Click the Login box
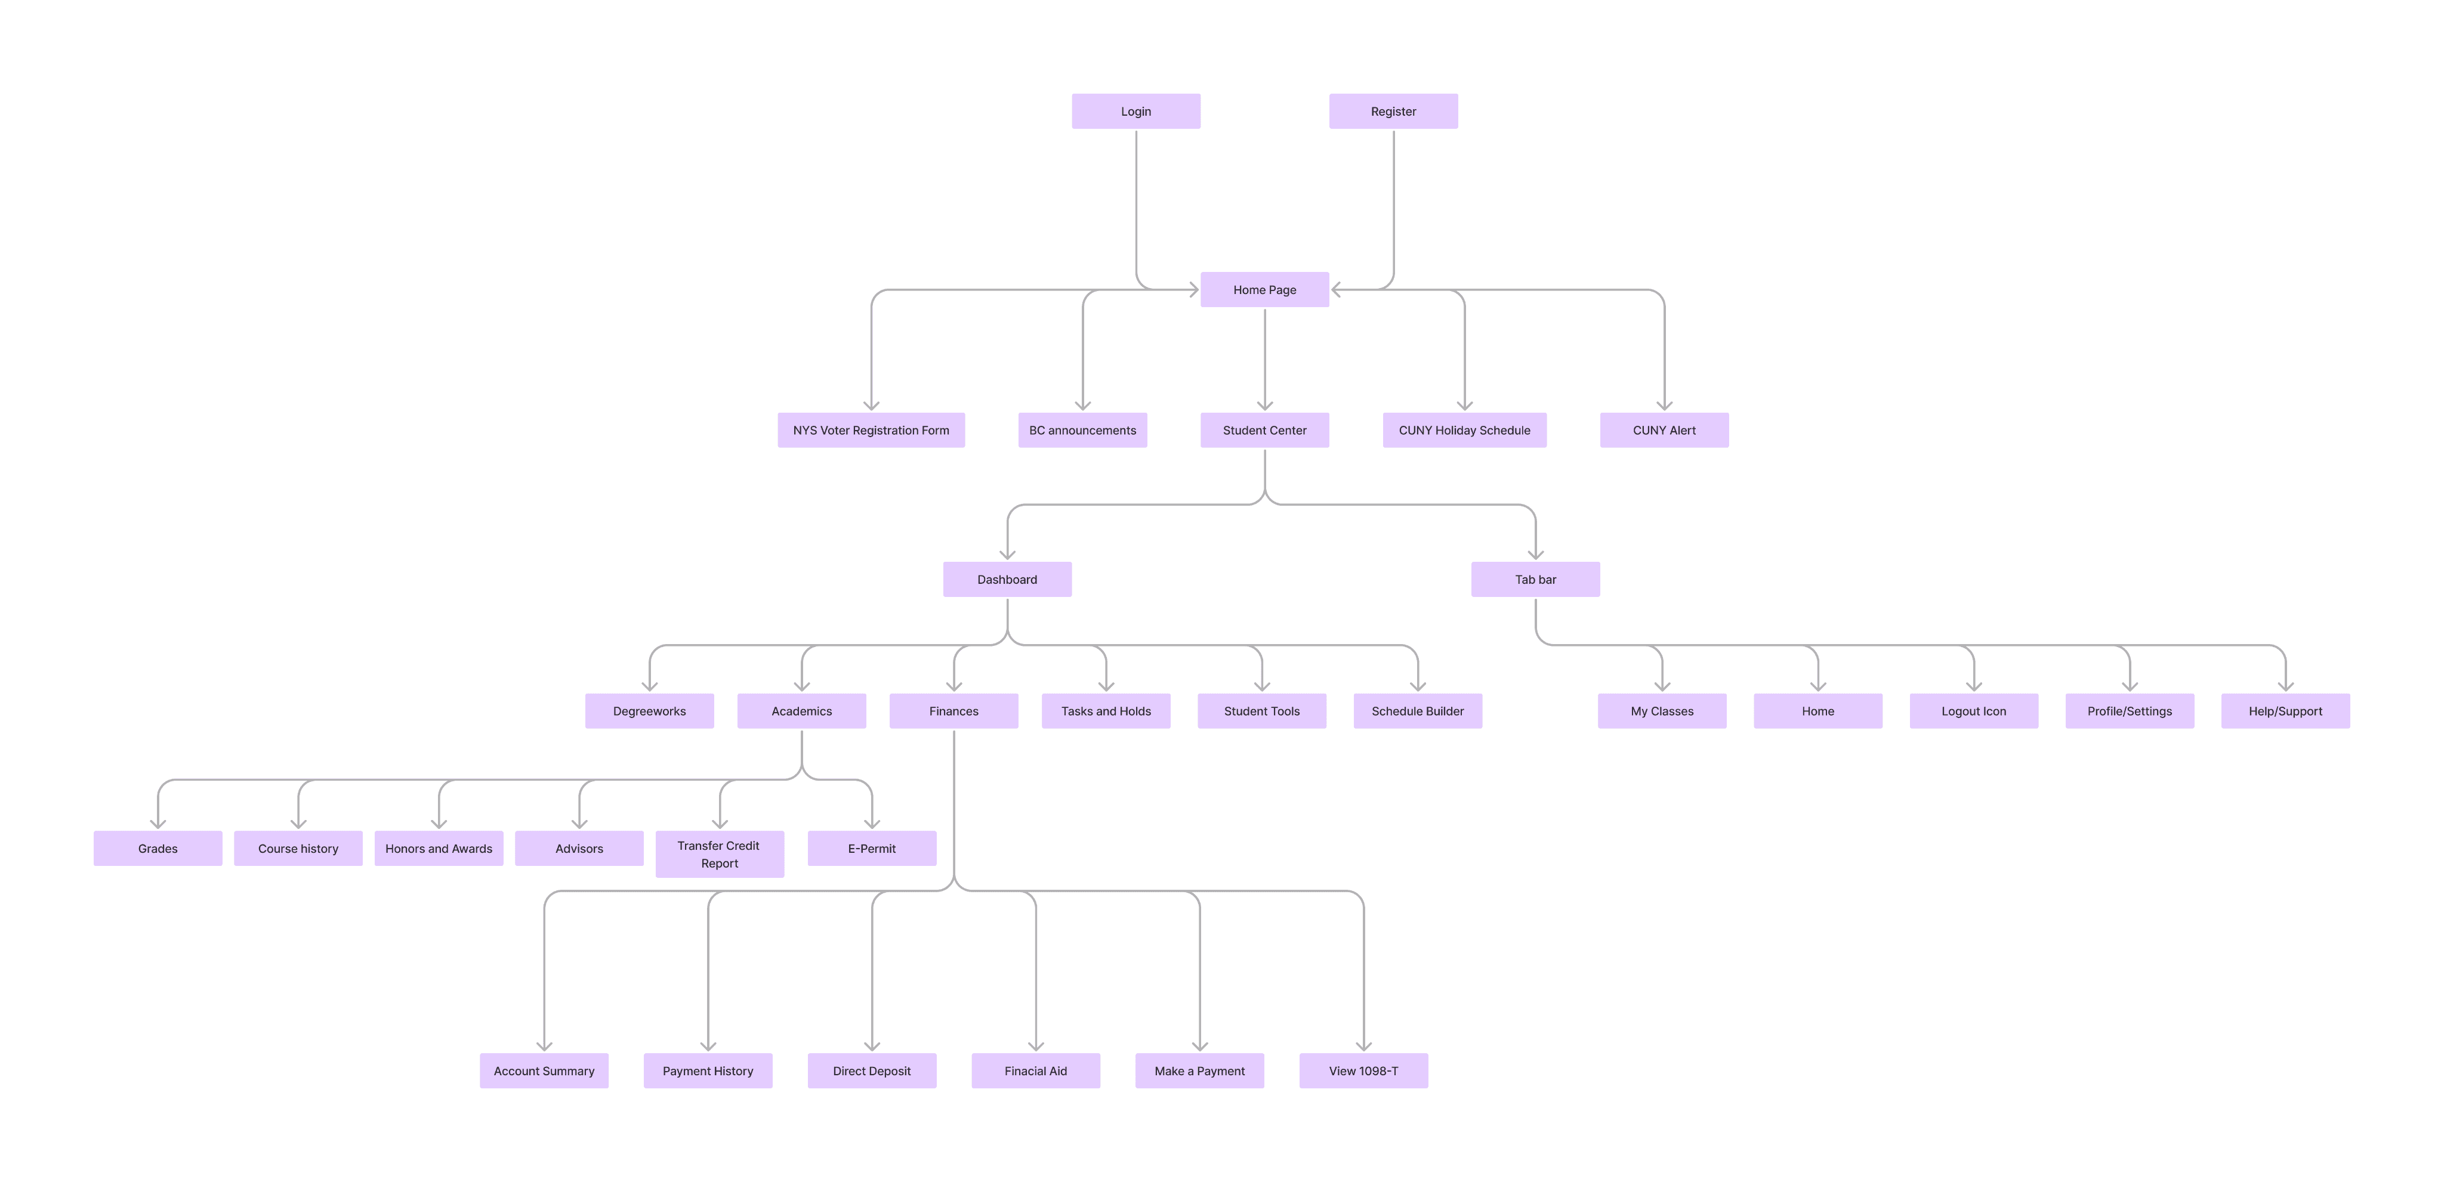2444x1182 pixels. (1135, 111)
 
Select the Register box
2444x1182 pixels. (1393, 111)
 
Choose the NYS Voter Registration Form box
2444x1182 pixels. (871, 430)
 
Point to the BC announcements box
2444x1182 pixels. (1082, 430)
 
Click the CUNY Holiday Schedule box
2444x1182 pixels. (1464, 430)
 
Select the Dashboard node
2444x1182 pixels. (1007, 578)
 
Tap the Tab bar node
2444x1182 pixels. (1535, 578)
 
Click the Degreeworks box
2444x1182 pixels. (649, 710)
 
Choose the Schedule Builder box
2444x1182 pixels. (1418, 710)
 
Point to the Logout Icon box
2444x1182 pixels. (1973, 710)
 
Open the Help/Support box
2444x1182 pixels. (2285, 710)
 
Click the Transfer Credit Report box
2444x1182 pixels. (719, 854)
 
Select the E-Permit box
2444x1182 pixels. (871, 848)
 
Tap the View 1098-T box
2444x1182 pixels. (1363, 1070)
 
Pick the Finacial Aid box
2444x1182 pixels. (1035, 1070)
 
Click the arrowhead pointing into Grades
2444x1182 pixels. (158, 824)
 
